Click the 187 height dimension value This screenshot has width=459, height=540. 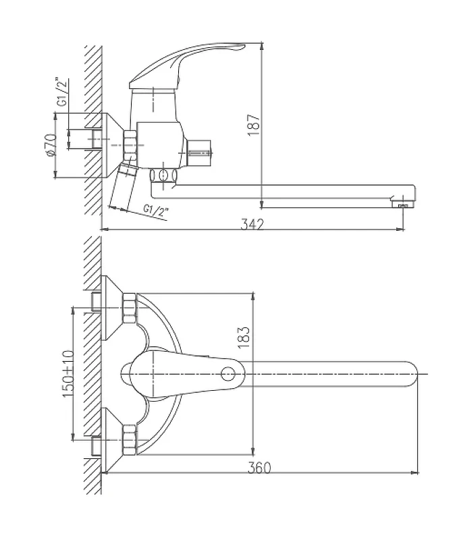tap(254, 125)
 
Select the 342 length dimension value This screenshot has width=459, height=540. tap(252, 225)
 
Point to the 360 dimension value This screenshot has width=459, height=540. tap(259, 468)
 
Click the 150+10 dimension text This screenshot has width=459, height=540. tap(67, 373)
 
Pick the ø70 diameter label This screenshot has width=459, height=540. tap(51, 144)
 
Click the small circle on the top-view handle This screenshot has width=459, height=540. tap(228, 373)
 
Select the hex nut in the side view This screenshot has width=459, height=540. tap(130, 144)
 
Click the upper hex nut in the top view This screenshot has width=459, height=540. tap(130, 308)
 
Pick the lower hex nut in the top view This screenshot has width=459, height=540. tap(130, 439)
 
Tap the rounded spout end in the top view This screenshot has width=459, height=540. tap(412, 374)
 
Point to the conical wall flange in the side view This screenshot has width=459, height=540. tap(113, 145)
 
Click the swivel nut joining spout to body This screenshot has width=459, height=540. tap(163, 175)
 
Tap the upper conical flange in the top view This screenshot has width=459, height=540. tap(112, 308)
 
